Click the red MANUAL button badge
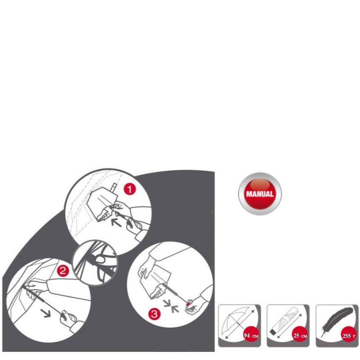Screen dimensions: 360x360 tap(260, 193)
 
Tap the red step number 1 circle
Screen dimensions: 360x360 tap(130, 189)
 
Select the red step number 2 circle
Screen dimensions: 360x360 tap(63, 271)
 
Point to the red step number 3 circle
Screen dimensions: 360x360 tap(154, 314)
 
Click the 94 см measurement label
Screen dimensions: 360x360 tap(251, 336)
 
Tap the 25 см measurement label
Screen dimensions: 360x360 tap(300, 336)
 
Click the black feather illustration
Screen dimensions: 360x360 tap(337, 321)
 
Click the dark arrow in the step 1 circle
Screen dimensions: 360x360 tap(116, 222)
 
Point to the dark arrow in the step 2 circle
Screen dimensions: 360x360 tap(46, 313)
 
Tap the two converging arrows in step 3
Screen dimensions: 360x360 tap(171, 306)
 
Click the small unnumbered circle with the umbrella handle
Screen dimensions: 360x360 tap(95, 262)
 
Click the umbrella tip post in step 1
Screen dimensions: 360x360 tap(114, 188)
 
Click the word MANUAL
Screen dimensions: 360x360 tap(260, 194)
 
